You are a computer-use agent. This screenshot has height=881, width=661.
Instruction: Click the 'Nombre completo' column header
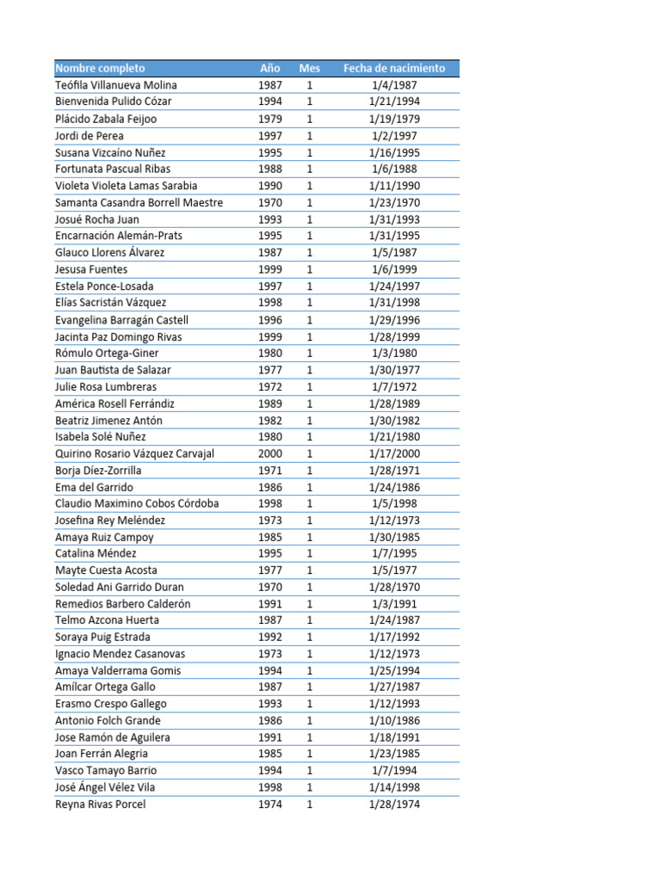tap(100, 68)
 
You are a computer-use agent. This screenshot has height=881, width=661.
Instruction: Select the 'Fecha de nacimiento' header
tap(394, 68)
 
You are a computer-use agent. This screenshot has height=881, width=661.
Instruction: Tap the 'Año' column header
tap(270, 68)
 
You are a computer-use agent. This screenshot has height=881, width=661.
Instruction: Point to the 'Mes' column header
tap(310, 68)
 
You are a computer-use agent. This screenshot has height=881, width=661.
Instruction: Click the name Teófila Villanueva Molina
tap(116, 85)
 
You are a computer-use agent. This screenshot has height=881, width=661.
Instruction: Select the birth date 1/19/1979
tap(394, 119)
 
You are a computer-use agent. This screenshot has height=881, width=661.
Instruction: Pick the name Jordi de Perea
tap(90, 135)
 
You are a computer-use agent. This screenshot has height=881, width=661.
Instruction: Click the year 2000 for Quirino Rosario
tap(270, 453)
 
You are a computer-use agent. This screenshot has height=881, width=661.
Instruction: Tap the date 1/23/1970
tap(394, 202)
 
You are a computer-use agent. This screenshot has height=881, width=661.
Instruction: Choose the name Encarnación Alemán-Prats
tap(119, 236)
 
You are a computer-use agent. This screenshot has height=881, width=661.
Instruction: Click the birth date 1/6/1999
tap(394, 269)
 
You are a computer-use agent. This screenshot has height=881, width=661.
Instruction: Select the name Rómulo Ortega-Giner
tap(107, 353)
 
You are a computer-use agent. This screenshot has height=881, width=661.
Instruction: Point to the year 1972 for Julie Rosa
tap(270, 386)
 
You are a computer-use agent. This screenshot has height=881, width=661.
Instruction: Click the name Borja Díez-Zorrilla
tap(98, 471)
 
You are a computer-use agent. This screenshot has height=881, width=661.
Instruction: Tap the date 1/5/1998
tap(394, 503)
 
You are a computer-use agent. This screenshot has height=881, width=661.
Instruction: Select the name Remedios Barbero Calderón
tap(123, 604)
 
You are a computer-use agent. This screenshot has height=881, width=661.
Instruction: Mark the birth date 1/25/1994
tap(394, 670)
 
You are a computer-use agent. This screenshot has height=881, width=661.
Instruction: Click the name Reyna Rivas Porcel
tap(101, 804)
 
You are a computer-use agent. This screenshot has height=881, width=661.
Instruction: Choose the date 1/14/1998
tap(394, 787)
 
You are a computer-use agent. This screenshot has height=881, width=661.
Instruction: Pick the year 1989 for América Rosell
tap(270, 404)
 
